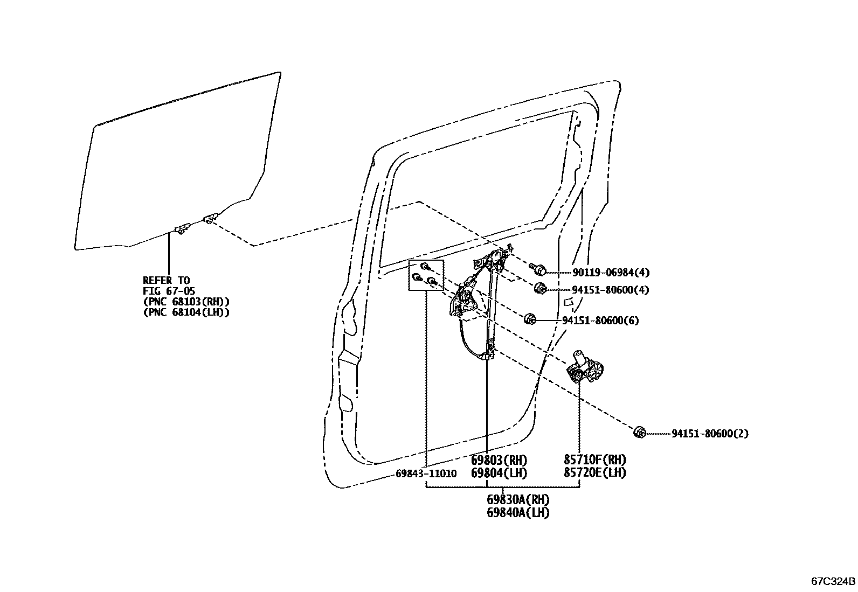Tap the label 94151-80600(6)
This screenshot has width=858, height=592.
tap(600, 321)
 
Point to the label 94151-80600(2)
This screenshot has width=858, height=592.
tap(710, 434)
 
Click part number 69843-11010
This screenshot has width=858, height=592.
tap(426, 473)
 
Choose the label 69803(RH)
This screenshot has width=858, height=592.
tap(499, 461)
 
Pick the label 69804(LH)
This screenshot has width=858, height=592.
tap(499, 473)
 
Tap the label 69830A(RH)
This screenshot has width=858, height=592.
tap(518, 500)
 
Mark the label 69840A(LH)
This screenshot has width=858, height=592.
tap(518, 512)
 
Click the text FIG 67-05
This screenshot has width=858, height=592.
tap(169, 291)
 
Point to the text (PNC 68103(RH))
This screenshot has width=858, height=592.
tap(186, 302)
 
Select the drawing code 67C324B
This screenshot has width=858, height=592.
tap(833, 582)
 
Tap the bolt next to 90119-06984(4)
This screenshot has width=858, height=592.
tap(539, 269)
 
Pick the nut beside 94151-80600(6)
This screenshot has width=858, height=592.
tap(529, 319)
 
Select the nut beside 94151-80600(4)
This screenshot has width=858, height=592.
tap(541, 289)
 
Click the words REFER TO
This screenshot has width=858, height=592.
tap(166, 280)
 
